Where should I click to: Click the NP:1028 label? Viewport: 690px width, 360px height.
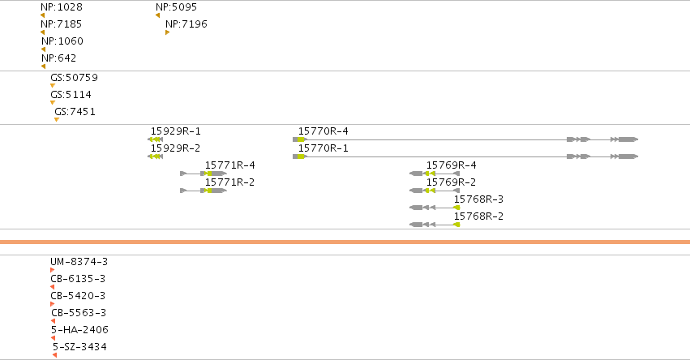[61, 7]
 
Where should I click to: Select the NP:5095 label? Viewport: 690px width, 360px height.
[176, 7]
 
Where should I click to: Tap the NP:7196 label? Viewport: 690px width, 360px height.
[186, 24]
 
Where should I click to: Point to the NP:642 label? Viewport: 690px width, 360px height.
[58, 58]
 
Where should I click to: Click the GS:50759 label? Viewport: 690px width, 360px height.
[74, 78]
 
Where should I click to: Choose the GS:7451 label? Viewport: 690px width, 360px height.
[75, 112]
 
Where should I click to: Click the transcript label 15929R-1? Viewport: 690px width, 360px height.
[176, 131]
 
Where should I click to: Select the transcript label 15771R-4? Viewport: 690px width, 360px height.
[229, 165]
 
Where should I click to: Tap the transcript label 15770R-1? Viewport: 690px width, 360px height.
[323, 148]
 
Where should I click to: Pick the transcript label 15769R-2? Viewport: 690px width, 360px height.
[451, 182]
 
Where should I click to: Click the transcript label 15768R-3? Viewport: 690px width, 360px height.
[478, 199]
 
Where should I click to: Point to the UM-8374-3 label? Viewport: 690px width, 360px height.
[79, 262]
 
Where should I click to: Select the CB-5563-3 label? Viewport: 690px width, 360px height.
[79, 313]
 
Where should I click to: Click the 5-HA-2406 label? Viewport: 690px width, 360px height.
[79, 330]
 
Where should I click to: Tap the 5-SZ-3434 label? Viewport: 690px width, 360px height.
[79, 347]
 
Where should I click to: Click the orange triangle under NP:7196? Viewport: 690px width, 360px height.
[167, 32]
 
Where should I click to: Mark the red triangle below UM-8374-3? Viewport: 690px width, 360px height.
[53, 270]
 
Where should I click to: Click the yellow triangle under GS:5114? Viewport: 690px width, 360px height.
[53, 102]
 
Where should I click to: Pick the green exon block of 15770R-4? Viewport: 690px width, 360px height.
[301, 139]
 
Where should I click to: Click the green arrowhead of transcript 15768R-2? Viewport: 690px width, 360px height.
[456, 225]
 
